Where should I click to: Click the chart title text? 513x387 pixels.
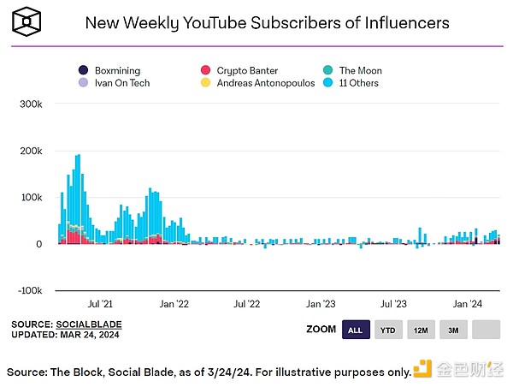tap(267, 22)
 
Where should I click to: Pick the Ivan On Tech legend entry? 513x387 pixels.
tap(113, 83)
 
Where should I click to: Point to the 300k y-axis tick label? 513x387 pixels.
tap(32, 104)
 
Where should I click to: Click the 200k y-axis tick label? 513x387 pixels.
tap(32, 151)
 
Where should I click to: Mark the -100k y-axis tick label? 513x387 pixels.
tap(30, 291)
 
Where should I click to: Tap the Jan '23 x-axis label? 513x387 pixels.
tap(321, 303)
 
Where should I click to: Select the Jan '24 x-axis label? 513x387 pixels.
tap(468, 303)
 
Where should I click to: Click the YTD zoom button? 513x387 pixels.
tap(387, 330)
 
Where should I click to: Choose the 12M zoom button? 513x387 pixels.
tap(421, 330)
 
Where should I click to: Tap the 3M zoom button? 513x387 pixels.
tap(453, 330)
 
